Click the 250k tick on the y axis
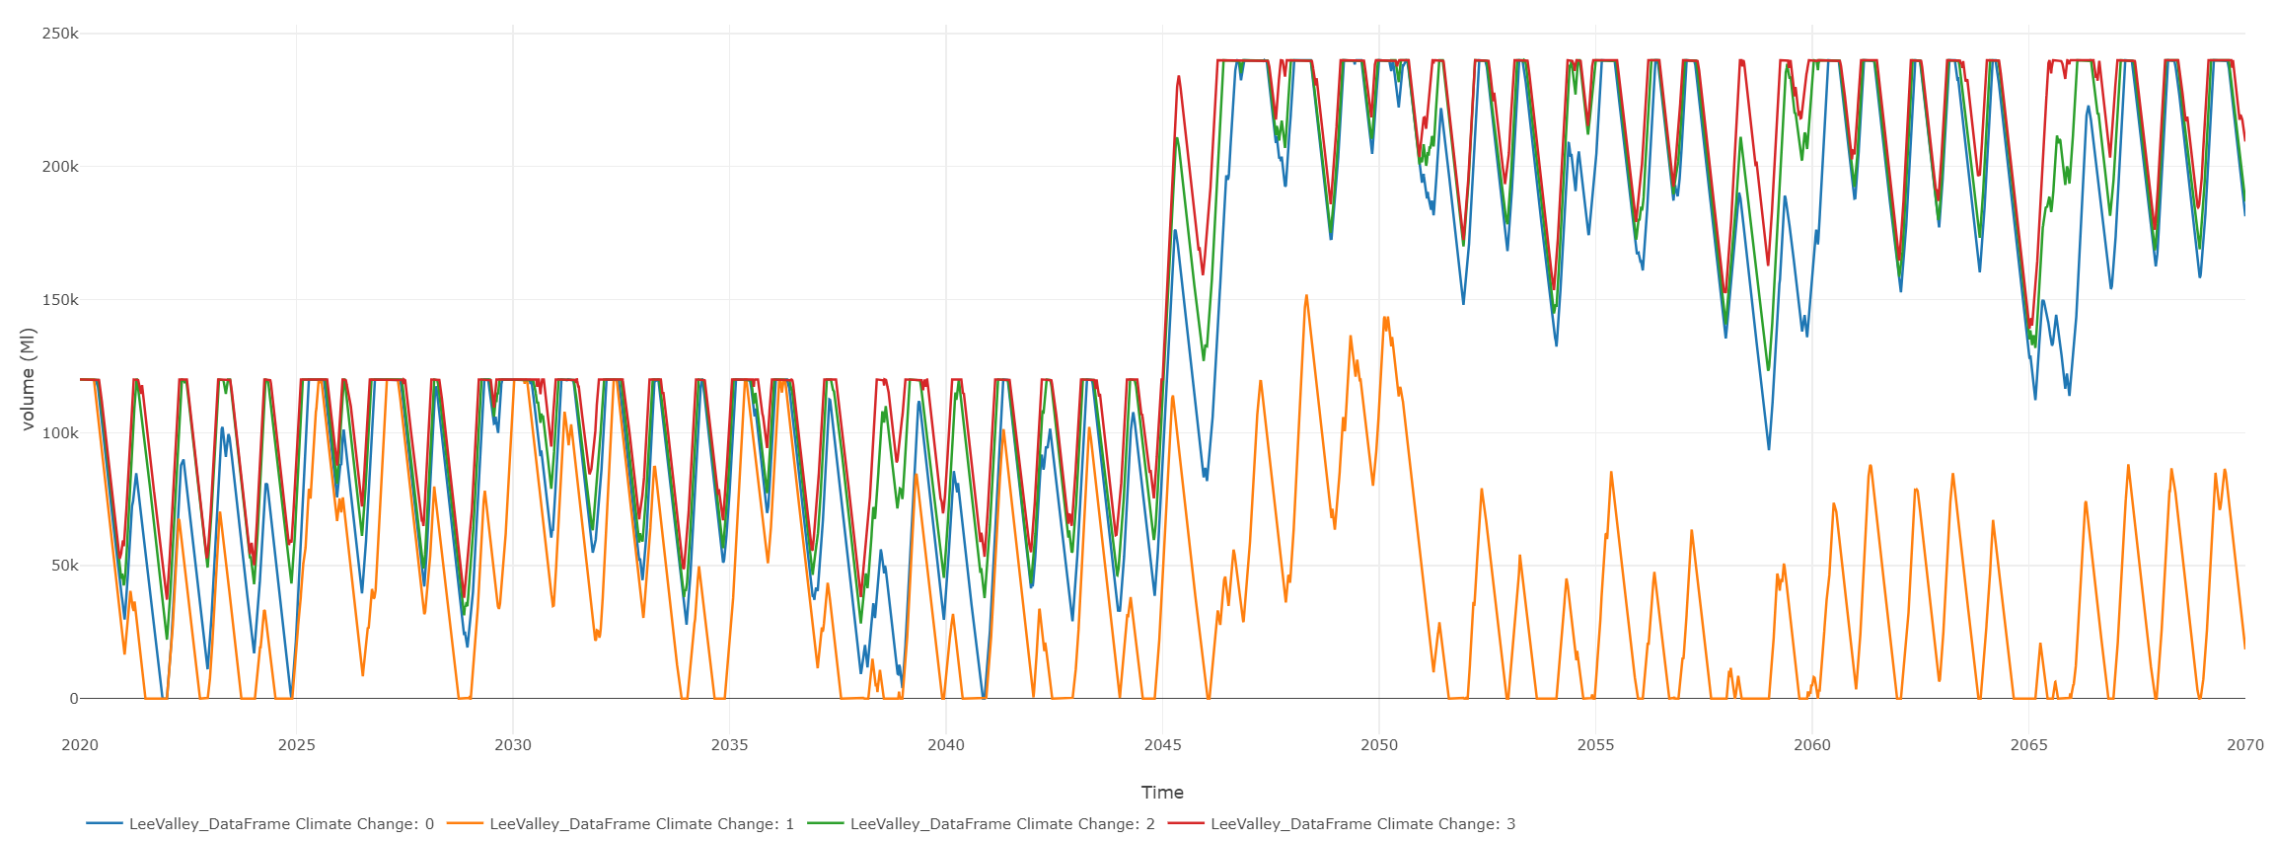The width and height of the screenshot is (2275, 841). (60, 34)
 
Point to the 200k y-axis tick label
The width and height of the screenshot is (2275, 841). (60, 167)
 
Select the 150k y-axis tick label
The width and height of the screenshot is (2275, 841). (60, 300)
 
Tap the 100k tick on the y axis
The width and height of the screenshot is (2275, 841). (60, 433)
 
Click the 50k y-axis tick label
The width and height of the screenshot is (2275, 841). (64, 566)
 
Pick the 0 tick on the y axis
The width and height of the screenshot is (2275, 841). (73, 699)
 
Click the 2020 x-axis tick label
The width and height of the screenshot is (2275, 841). (80, 745)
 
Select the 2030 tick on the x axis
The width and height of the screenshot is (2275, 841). (513, 745)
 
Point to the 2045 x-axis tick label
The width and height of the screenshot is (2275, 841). (1162, 745)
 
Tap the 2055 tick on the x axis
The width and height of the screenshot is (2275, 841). (1595, 745)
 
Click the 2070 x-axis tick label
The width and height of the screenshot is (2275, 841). (2244, 745)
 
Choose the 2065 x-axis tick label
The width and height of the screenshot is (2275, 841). (2028, 745)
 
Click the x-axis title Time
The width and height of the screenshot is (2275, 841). (1162, 792)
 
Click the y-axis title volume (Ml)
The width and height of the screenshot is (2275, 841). (28, 379)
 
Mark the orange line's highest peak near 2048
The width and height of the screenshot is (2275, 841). (1306, 295)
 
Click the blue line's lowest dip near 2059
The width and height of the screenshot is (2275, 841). (1769, 449)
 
